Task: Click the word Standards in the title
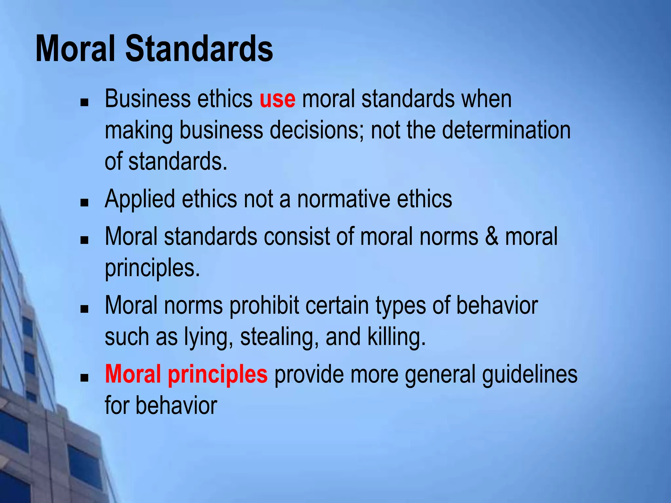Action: (199, 49)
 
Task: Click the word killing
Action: (396, 337)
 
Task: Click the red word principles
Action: (218, 375)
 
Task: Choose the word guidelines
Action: (529, 375)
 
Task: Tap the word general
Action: (440, 375)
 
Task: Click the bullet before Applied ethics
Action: (85, 202)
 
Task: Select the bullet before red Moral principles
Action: (85, 378)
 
